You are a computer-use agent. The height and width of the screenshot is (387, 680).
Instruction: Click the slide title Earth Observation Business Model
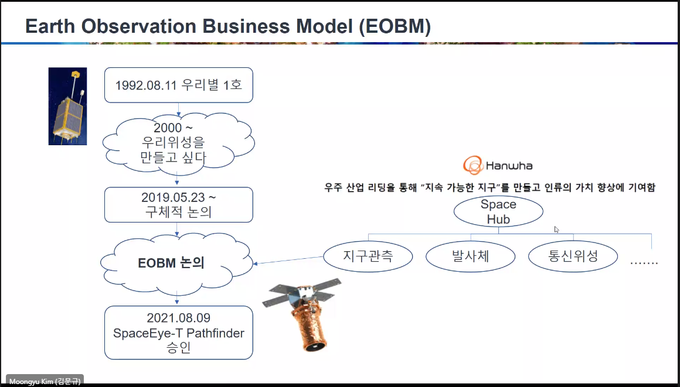(x=227, y=26)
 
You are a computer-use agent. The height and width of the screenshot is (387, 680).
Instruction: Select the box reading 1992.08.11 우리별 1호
(x=179, y=85)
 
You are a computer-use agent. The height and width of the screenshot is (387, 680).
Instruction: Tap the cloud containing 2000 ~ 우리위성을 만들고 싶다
(x=178, y=143)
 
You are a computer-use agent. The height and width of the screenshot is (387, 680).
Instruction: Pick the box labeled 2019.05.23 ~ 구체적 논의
(x=179, y=205)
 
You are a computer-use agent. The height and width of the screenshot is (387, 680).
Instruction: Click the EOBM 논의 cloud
(x=176, y=263)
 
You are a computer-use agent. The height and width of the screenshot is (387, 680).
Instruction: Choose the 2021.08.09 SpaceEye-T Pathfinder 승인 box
(x=179, y=333)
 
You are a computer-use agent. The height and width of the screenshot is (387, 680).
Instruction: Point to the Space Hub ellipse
(x=498, y=211)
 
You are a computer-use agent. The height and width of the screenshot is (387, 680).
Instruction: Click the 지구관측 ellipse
(x=368, y=256)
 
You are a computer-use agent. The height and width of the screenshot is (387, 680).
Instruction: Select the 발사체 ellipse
(x=471, y=256)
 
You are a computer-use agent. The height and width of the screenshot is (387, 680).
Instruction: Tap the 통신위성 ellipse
(x=573, y=256)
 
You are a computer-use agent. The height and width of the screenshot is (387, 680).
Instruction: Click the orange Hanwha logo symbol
(x=472, y=165)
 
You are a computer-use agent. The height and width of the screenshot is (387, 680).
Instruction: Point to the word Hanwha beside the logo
(x=509, y=166)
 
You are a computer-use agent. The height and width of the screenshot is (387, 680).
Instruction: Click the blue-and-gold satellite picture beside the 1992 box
(x=67, y=106)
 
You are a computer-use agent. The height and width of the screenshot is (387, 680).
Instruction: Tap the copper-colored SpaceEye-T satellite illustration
(x=302, y=314)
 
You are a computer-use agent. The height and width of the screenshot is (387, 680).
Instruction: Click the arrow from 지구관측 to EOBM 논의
(x=288, y=260)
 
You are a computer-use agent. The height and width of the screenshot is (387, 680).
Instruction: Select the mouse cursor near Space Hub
(x=556, y=230)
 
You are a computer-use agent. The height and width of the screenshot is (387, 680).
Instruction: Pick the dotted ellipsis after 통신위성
(x=644, y=262)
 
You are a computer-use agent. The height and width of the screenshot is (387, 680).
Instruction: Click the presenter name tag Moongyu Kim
(x=45, y=381)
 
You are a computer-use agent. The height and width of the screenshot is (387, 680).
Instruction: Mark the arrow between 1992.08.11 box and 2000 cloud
(x=178, y=109)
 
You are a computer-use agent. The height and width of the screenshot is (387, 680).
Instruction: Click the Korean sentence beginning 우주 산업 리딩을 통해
(x=490, y=188)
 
